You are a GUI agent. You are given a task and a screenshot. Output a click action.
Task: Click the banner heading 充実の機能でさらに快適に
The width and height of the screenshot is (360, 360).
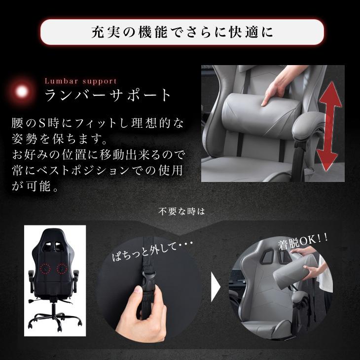[x=182, y=33]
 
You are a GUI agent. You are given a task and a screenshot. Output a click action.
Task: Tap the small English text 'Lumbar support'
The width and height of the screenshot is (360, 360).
[x=80, y=81]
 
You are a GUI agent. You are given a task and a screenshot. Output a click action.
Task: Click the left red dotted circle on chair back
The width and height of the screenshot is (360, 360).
[x=46, y=269]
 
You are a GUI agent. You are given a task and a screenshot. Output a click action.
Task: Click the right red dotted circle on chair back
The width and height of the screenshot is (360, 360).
[x=63, y=269]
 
